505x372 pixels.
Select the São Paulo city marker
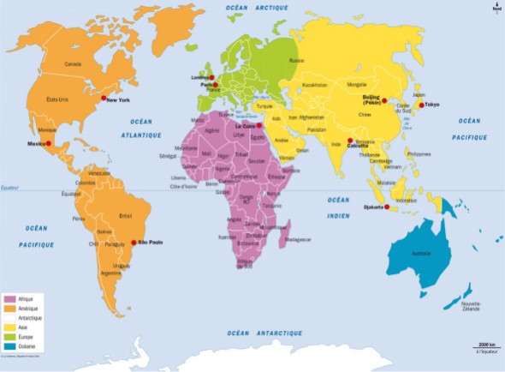point(133,243)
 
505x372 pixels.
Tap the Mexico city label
point(36,143)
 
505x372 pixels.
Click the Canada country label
point(72,64)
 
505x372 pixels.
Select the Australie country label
point(421,254)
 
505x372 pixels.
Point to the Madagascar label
point(299,240)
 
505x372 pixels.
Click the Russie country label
point(296,60)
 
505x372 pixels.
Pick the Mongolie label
point(356,85)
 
